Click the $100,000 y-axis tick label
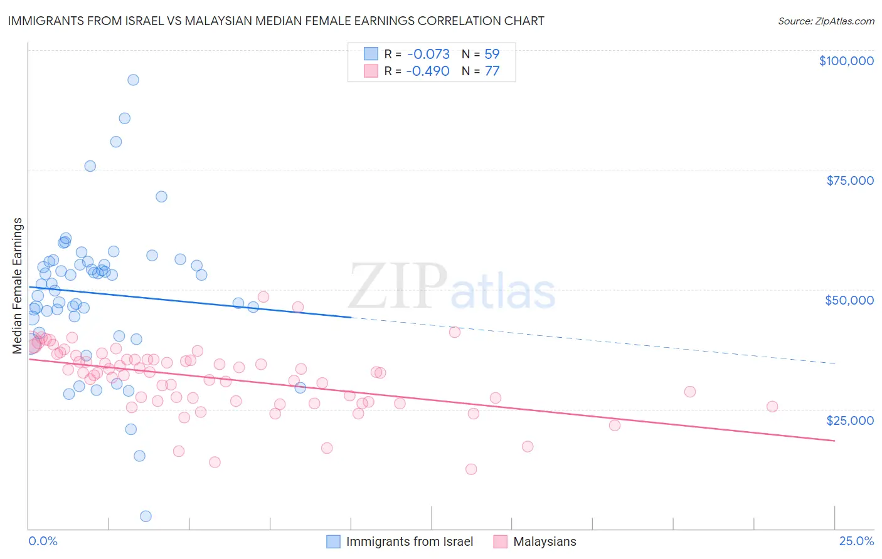(846, 61)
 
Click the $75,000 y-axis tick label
(849, 180)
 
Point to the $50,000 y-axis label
(849, 300)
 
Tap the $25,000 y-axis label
(849, 420)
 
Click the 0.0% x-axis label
(43, 541)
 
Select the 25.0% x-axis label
(856, 541)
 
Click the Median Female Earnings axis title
(18, 286)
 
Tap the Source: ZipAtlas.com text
(826, 21)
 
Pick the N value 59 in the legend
(492, 55)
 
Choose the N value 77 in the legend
(492, 71)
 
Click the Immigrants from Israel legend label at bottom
(409, 541)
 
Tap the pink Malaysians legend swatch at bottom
(500, 541)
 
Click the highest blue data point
(133, 80)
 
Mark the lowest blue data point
(146, 516)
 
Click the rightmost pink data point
(772, 407)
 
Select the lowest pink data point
(471, 469)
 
